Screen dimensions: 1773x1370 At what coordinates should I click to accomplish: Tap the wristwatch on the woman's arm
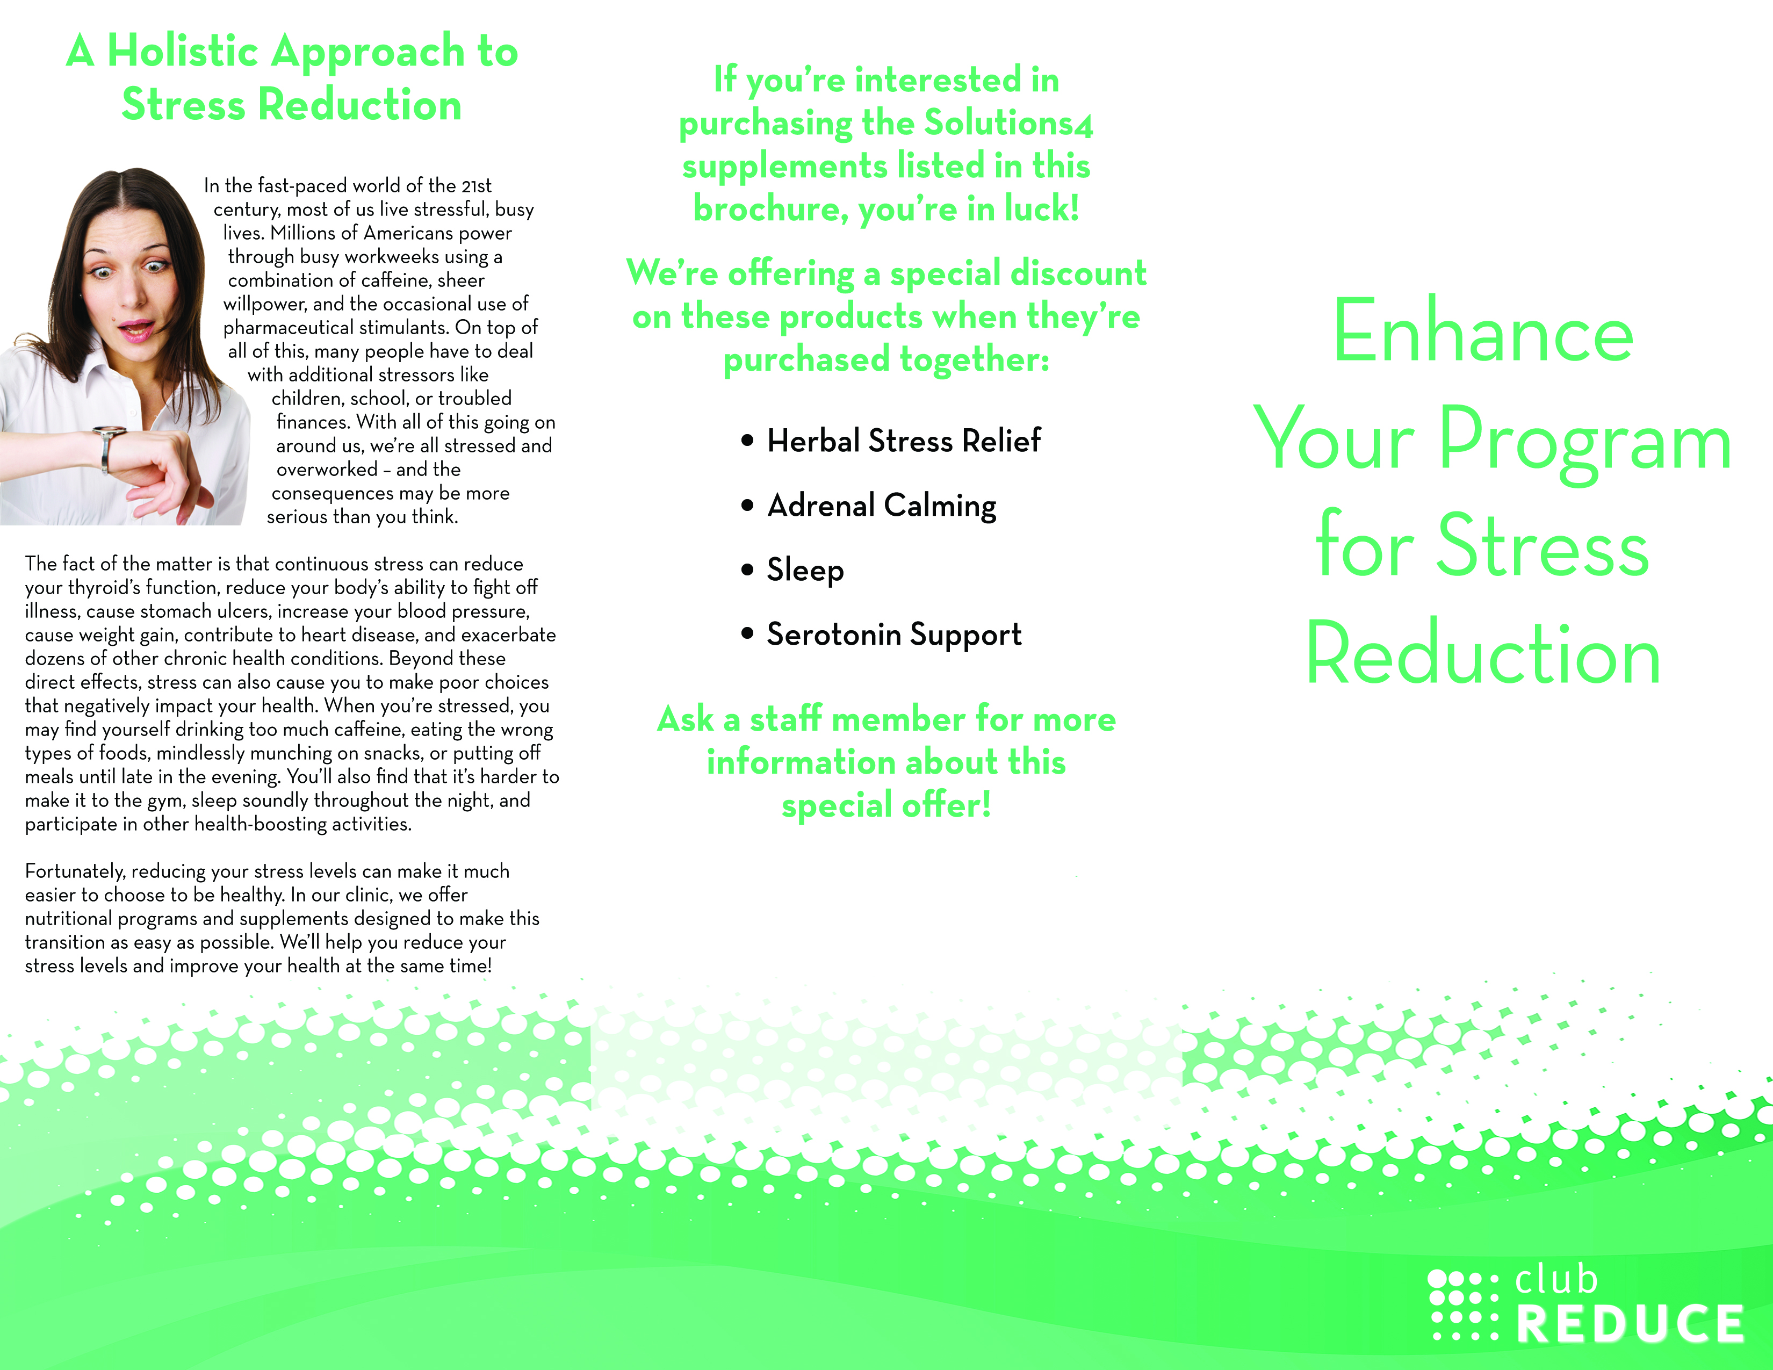[x=107, y=448]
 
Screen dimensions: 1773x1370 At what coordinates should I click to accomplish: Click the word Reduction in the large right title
[x=1483, y=653]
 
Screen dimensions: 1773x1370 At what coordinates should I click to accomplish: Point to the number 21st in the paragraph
[x=477, y=186]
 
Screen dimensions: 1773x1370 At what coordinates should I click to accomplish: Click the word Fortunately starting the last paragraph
[x=76, y=871]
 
